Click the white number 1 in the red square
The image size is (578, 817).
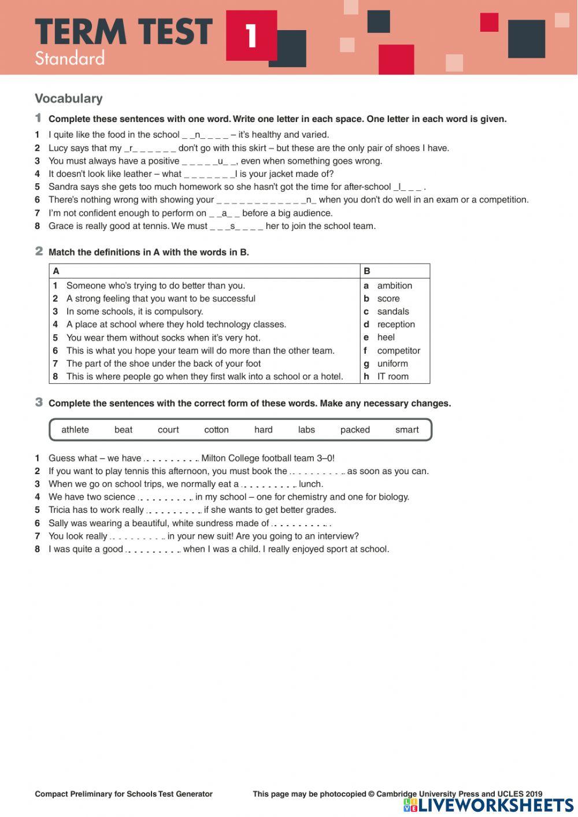point(251,36)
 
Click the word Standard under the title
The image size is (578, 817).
point(69,58)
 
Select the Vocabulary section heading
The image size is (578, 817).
point(68,98)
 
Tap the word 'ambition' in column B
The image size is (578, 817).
point(394,286)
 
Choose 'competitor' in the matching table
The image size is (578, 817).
point(398,350)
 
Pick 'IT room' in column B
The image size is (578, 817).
point(392,376)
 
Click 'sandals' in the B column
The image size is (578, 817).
point(392,312)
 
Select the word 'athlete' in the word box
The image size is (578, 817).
point(75,430)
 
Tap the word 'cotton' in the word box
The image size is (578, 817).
point(216,430)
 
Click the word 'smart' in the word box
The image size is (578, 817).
point(407,430)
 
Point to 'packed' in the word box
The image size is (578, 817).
point(355,430)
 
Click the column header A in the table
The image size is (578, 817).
point(56,271)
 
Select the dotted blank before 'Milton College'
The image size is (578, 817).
point(171,459)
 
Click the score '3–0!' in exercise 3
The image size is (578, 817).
point(325,459)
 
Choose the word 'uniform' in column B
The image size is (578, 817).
point(392,364)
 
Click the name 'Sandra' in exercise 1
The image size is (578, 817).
point(63,187)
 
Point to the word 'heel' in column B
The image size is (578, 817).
point(386,338)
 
